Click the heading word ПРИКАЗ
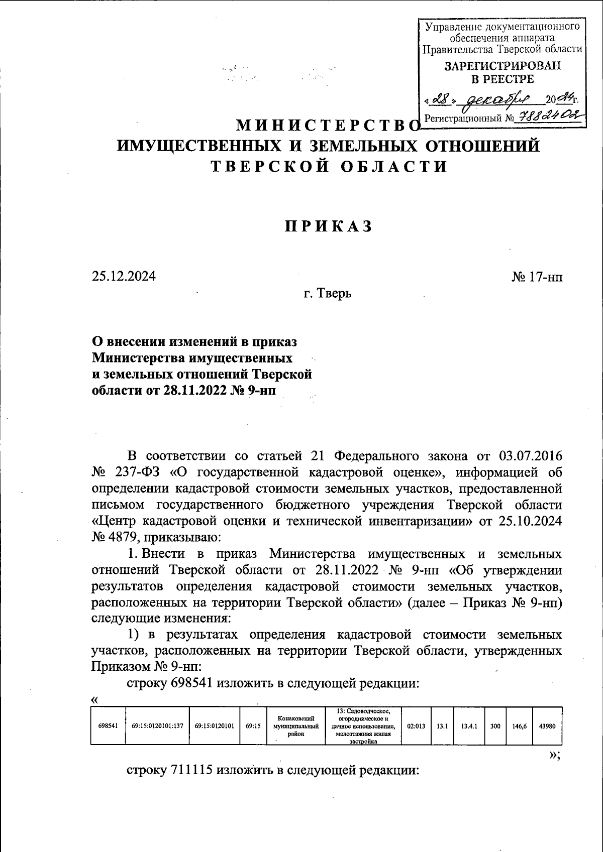(329, 226)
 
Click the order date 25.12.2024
(124, 276)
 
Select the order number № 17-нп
(537, 276)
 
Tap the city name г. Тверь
(328, 293)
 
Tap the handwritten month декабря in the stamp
(497, 99)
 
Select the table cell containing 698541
(108, 725)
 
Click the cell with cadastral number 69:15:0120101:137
(157, 725)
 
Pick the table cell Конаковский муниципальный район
(296, 725)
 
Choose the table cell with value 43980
(547, 725)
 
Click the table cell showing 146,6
(519, 725)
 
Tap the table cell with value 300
(495, 725)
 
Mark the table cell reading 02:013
(417, 725)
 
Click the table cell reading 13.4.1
(468, 725)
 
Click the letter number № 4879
(114, 538)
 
